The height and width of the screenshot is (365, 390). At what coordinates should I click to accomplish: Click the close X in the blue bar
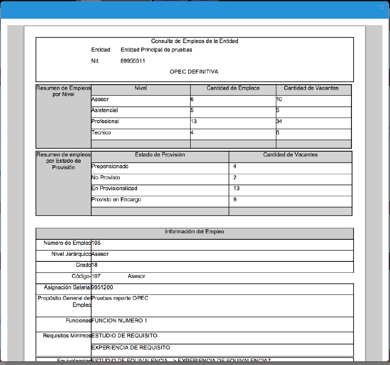point(381,8)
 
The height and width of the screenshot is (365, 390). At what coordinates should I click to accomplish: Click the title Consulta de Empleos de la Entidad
point(195,41)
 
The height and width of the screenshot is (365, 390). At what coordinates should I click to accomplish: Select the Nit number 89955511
point(133,61)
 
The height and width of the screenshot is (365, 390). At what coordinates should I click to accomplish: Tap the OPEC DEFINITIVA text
point(194,72)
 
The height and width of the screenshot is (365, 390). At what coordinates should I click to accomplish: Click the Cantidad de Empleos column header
point(233,88)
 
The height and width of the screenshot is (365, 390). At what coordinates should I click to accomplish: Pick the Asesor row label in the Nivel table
point(100,100)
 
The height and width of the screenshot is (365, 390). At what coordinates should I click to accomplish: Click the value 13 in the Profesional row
point(194,122)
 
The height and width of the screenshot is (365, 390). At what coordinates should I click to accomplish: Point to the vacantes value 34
point(279,122)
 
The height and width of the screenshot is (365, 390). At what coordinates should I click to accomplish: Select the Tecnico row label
point(101,133)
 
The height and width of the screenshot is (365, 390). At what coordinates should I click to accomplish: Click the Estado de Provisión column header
point(160,155)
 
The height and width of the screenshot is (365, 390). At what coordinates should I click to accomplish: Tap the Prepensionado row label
point(110,166)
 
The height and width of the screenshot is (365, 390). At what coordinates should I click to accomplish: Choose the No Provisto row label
point(106,177)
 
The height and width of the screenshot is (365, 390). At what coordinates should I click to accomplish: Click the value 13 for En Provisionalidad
point(236,188)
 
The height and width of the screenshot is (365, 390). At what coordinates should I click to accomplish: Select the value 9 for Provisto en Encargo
point(235,199)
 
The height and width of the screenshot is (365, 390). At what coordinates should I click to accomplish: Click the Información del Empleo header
point(195,232)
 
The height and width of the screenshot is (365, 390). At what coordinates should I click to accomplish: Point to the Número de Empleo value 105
point(96,243)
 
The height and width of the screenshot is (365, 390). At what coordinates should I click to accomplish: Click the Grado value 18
point(95,265)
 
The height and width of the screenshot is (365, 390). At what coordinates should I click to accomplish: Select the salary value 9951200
point(103,287)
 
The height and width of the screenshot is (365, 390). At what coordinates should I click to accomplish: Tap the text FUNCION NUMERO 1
point(119,320)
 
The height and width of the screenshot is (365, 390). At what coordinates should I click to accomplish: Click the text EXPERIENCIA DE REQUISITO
point(130,347)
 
